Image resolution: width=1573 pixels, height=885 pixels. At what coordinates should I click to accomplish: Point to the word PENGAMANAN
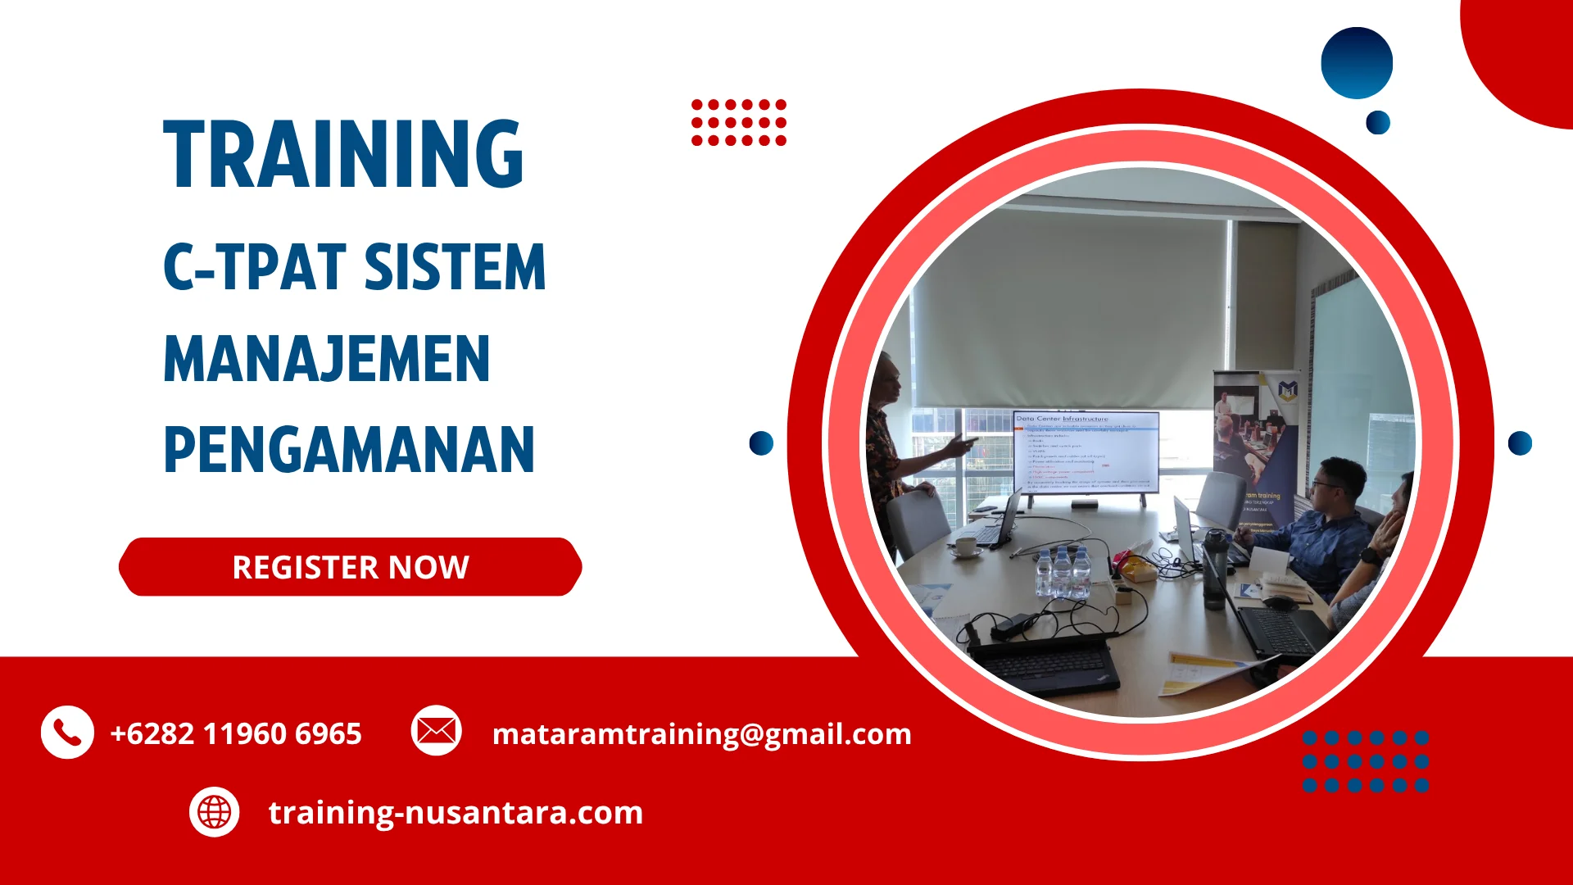pos(349,450)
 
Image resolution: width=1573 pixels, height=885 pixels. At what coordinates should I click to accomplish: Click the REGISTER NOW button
pos(351,567)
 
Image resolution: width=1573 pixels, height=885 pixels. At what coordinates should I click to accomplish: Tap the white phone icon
pos(67,732)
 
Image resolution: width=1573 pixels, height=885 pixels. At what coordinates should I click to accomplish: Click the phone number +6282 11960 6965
pos(236,733)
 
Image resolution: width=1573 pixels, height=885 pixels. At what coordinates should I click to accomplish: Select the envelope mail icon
pos(436,730)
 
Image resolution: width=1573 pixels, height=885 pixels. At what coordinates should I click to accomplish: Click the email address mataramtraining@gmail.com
pos(701,733)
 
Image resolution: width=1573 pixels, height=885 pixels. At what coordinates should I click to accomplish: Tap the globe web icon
pos(215,812)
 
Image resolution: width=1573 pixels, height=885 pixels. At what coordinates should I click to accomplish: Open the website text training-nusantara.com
pos(456,812)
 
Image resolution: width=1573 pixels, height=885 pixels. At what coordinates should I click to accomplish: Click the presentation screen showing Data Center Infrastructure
pos(1086,452)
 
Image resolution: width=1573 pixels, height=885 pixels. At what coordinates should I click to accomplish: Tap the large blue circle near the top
pos(1357,63)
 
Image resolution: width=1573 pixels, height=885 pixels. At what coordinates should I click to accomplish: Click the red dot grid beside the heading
pos(739,123)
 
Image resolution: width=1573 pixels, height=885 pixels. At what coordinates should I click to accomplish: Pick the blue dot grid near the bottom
pos(1366,761)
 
